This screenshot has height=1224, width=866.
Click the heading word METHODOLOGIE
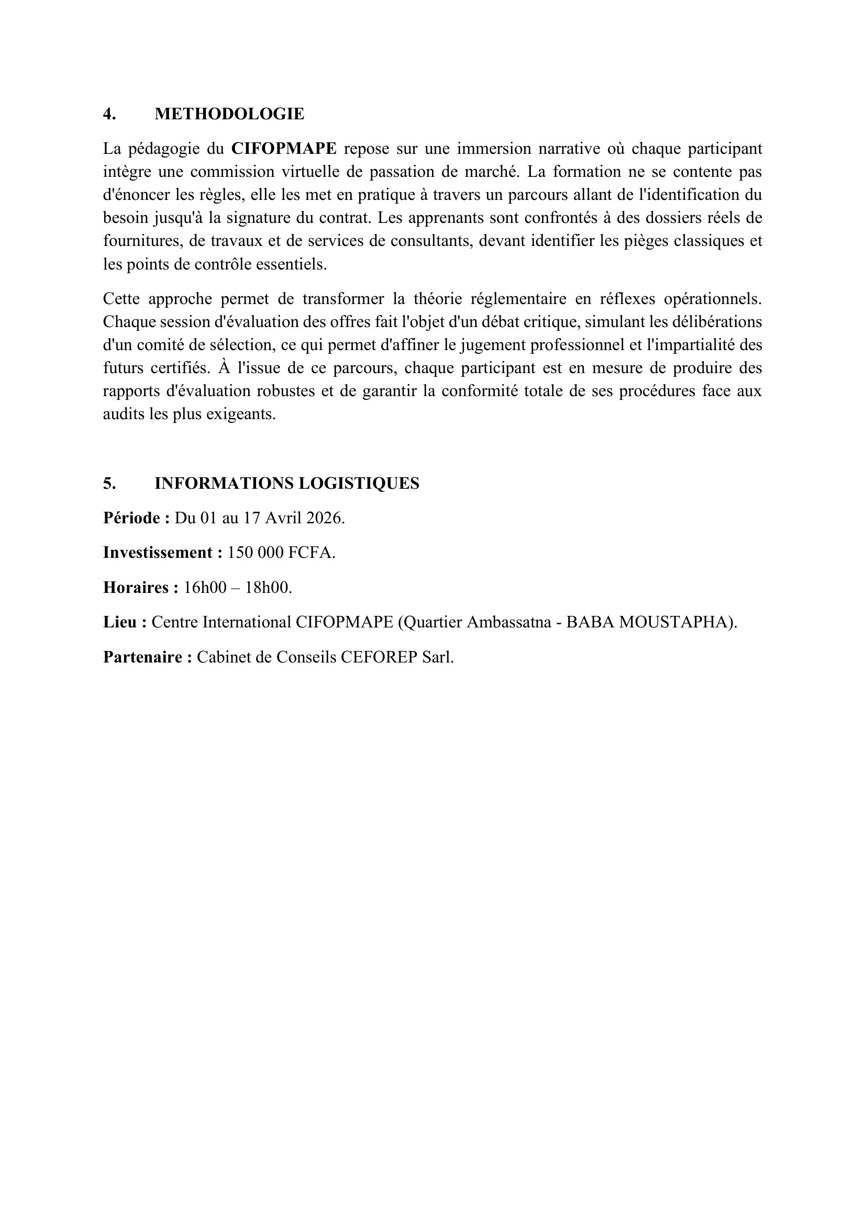(x=229, y=114)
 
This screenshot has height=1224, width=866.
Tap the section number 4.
(x=109, y=114)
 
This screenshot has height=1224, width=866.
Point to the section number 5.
(x=109, y=484)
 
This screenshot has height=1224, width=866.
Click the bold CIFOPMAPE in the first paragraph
(x=284, y=149)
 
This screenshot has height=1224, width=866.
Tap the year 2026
(x=325, y=518)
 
